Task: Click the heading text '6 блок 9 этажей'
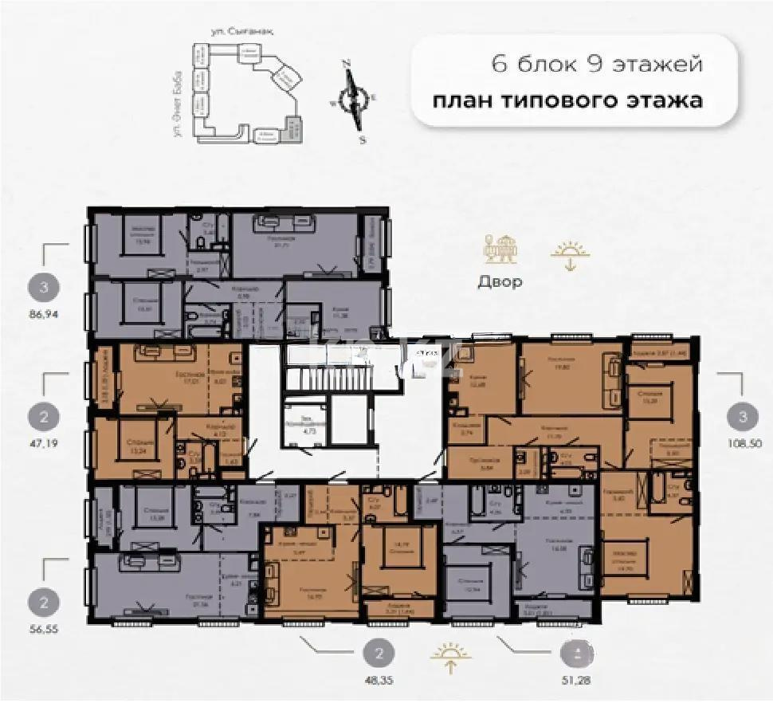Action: click(x=598, y=65)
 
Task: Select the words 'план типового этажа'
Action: click(x=567, y=102)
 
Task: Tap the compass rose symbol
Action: click(x=353, y=99)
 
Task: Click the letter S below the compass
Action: click(x=363, y=139)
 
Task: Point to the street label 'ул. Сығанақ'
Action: click(x=233, y=32)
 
